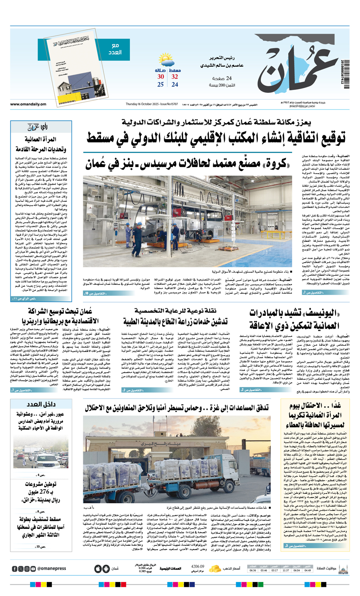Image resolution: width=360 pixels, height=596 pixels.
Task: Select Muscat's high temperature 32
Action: [175, 77]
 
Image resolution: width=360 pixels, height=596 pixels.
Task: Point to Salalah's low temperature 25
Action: [160, 85]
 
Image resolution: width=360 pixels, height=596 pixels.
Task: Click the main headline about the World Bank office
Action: [216, 139]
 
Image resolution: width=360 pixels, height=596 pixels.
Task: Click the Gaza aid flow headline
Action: [176, 408]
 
